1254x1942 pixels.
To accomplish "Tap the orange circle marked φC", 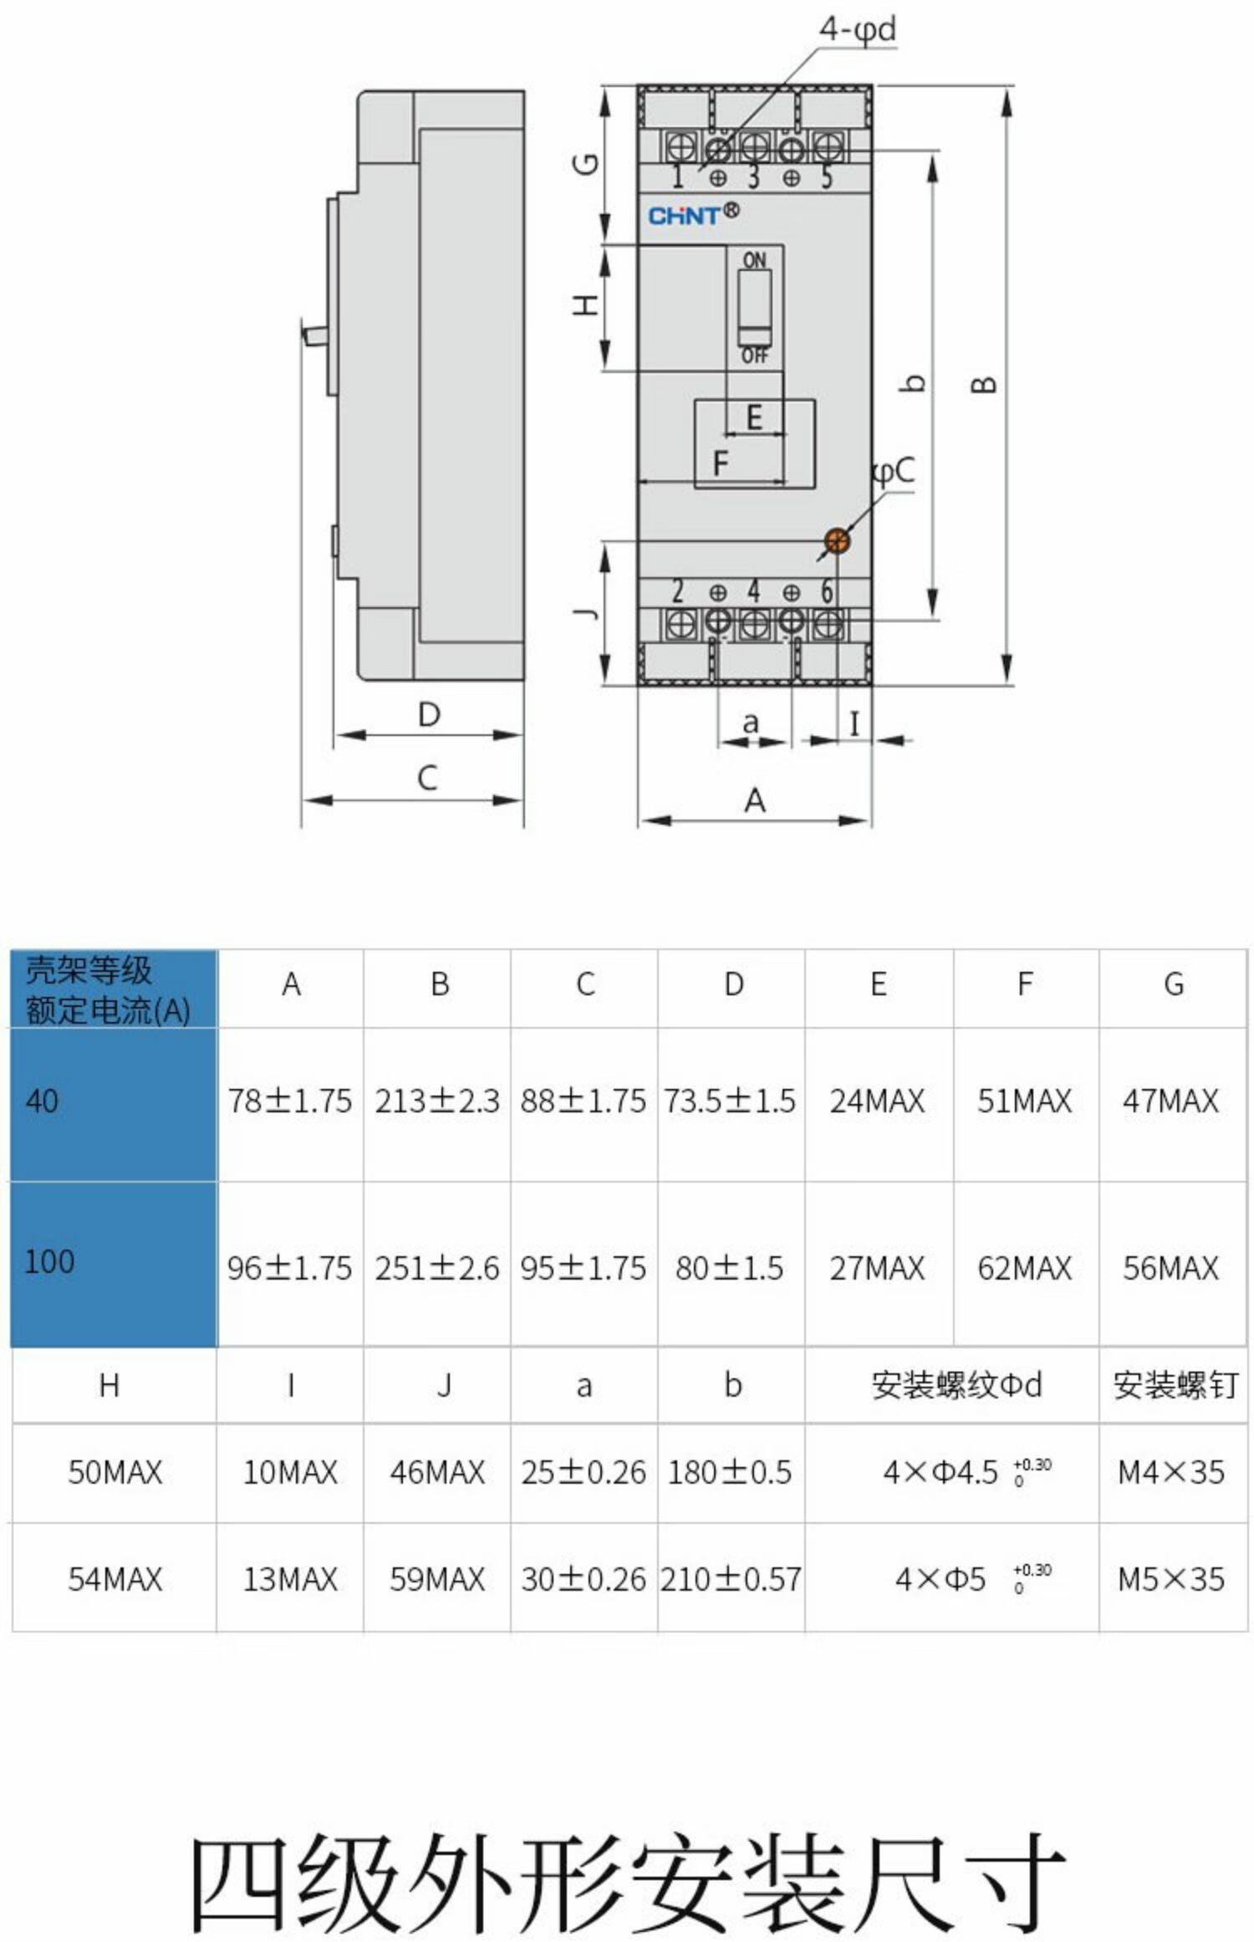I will click(x=837, y=540).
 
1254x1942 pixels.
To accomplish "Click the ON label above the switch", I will click(x=754, y=260).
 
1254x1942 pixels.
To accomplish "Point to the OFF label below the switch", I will click(x=754, y=356).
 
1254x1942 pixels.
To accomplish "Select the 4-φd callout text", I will click(x=857, y=30).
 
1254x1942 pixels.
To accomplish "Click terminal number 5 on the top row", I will click(x=826, y=177).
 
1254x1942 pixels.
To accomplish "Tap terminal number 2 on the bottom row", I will click(x=678, y=591).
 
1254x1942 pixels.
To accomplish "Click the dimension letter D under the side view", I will click(x=429, y=715).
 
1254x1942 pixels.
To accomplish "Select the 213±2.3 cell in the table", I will click(x=436, y=1101).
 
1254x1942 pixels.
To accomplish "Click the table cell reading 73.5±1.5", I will click(x=730, y=1101).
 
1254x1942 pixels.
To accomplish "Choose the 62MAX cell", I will click(x=1024, y=1269).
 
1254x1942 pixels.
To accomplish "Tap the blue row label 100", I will click(x=50, y=1261).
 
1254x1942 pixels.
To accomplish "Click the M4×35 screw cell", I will click(x=1171, y=1472).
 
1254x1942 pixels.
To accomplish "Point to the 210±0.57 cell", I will click(x=730, y=1579).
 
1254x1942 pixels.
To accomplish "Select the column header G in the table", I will click(x=1173, y=984).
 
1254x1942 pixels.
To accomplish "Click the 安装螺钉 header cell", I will click(x=1173, y=1386).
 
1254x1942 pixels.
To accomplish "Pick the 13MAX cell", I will click(x=290, y=1579).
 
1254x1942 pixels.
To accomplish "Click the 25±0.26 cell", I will click(x=584, y=1472).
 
